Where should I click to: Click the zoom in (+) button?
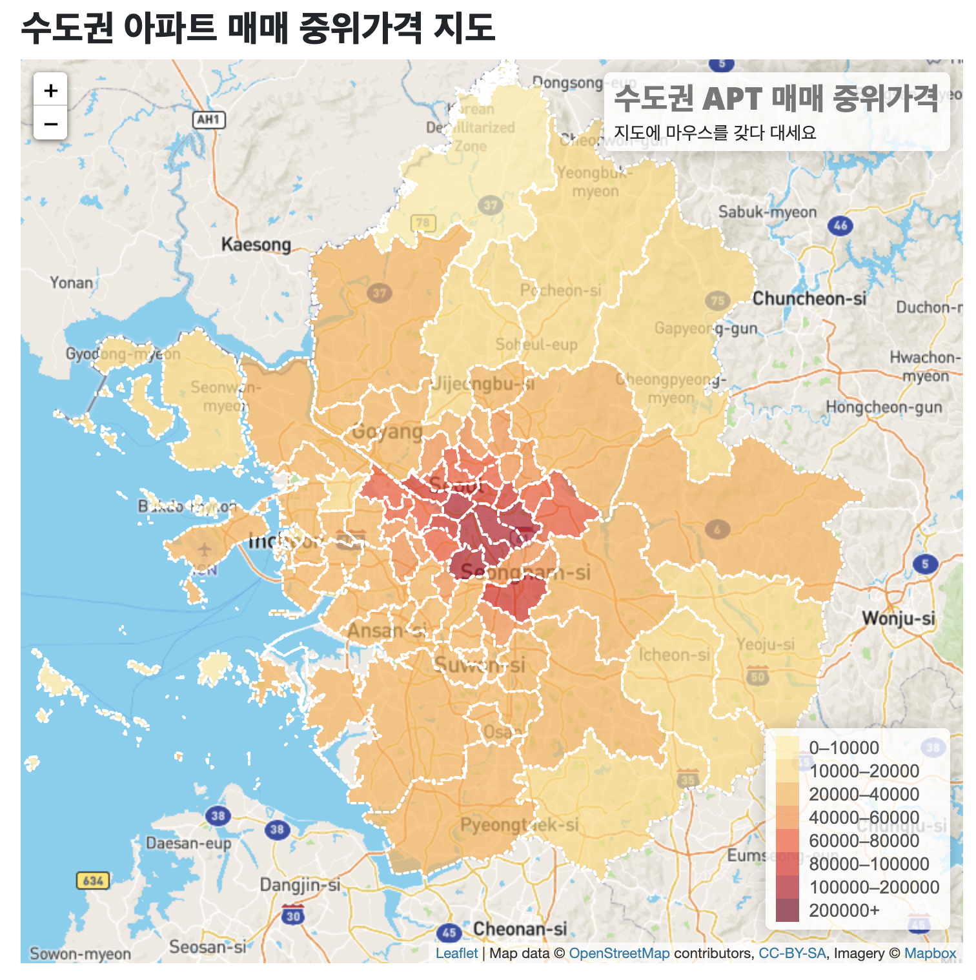tap(50, 90)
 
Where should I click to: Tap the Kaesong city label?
tap(256, 245)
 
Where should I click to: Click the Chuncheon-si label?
tap(809, 298)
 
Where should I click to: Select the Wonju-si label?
tap(898, 618)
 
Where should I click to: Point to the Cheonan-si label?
tap(520, 929)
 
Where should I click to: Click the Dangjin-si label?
tap(300, 885)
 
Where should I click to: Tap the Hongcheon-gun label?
tap(884, 407)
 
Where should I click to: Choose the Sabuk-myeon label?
tap(768, 212)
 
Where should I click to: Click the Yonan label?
tap(72, 283)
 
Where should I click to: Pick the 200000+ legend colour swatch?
tap(787, 910)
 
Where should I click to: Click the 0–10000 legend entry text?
tap(844, 748)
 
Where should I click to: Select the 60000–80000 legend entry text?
tap(864, 841)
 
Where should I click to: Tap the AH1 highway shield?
tap(208, 119)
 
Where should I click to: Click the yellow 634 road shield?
tap(93, 881)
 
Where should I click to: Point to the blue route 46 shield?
tap(840, 225)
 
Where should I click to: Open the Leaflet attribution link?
tap(456, 954)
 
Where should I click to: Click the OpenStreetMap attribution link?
tap(619, 954)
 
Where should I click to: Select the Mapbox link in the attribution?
tap(930, 954)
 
